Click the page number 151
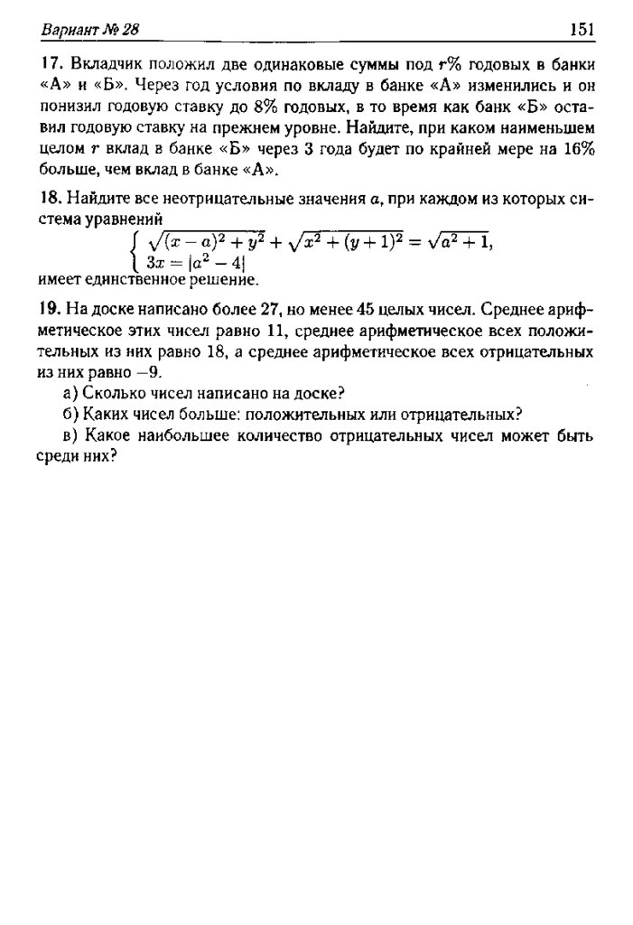click(x=581, y=30)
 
